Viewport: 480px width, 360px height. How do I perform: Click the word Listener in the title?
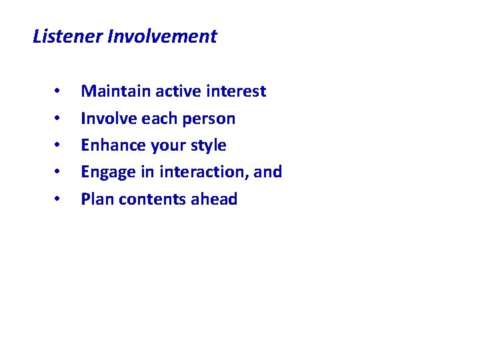click(67, 37)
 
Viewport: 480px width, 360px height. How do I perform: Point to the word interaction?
click(202, 172)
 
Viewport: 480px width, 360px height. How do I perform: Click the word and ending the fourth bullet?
click(268, 172)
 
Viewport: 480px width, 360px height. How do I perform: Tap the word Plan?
click(95, 199)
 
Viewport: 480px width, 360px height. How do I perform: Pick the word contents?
click(147, 199)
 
